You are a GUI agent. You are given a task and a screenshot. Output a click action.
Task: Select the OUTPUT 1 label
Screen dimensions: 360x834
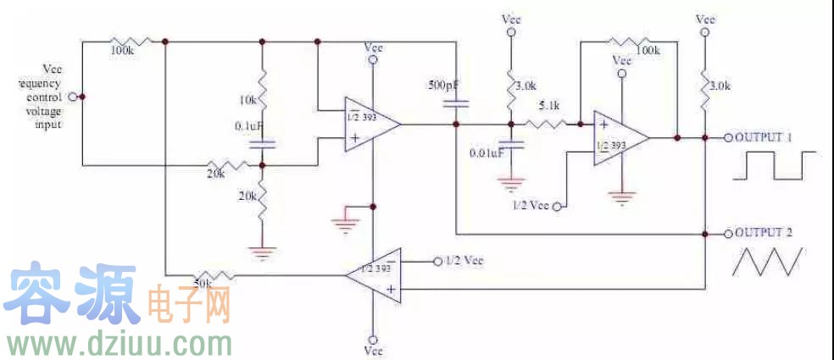[764, 137]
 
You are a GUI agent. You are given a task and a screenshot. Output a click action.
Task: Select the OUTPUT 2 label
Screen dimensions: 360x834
[764, 232]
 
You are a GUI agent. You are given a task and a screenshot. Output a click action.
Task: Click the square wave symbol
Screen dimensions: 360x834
[776, 166]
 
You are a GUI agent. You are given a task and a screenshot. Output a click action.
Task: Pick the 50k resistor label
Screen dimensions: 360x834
[203, 283]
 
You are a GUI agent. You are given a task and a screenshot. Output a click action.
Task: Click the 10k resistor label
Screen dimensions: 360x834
[247, 100]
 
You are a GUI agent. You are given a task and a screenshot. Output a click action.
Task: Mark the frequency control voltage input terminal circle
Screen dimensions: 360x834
[72, 97]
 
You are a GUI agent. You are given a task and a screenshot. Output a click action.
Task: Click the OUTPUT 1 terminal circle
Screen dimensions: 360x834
[727, 137]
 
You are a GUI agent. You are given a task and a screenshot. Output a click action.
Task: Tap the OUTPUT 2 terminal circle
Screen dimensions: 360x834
[727, 232]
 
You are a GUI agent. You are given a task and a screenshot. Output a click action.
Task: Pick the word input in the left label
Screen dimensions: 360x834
[49, 124]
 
